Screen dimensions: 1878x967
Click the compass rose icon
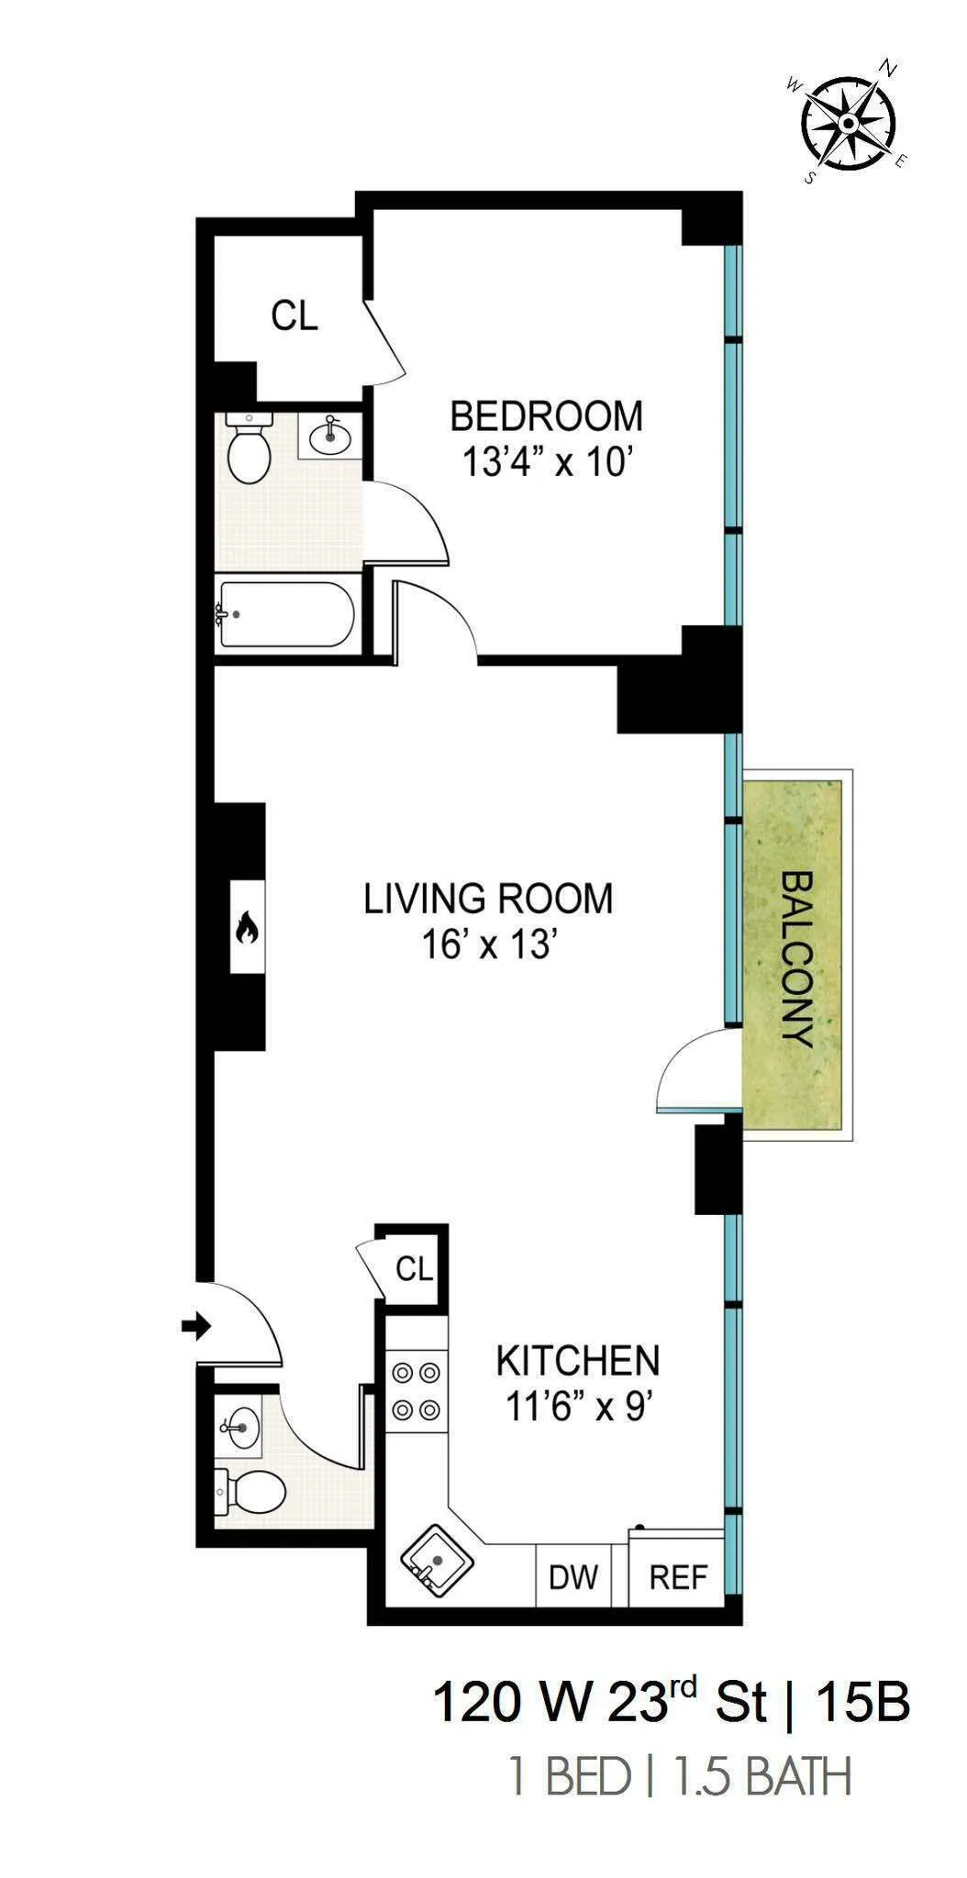pos(849,123)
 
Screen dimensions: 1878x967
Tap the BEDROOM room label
pos(546,416)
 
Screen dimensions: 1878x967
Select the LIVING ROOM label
pos(488,899)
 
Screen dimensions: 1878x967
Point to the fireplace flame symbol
pos(247,930)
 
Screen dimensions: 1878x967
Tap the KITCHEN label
pos(578,1361)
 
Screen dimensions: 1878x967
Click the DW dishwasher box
pos(573,1577)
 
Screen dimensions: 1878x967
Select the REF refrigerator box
pos(678,1577)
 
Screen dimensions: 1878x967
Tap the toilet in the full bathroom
pos(248,451)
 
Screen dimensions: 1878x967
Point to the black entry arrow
pos(196,1326)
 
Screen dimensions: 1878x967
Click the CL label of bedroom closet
pos(295,316)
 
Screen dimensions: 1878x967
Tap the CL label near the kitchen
pos(414,1269)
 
